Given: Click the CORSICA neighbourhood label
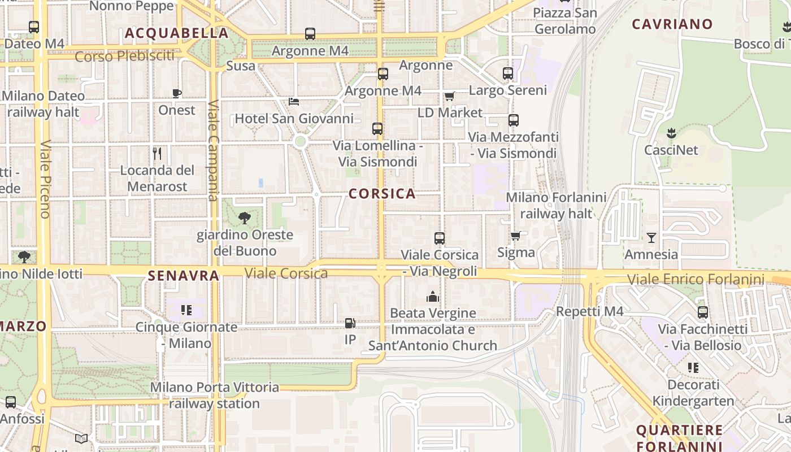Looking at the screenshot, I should tap(382, 194).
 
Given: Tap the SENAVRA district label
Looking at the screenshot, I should tap(183, 276).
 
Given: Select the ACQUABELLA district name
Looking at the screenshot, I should tap(176, 33).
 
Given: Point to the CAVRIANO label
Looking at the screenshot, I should tap(672, 24).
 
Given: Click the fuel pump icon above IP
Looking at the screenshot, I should tap(350, 323).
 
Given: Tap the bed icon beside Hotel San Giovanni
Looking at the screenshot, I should tap(294, 102).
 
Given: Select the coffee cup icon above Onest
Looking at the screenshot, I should tap(177, 93).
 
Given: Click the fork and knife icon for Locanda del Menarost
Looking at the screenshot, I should tap(158, 153).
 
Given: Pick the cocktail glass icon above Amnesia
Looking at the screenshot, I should tap(651, 237).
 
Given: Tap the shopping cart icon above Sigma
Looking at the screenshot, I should tap(515, 236).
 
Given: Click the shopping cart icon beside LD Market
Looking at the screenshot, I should tap(449, 96).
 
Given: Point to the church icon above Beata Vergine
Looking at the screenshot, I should tap(433, 297).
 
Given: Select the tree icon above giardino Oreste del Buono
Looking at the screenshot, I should tap(245, 218).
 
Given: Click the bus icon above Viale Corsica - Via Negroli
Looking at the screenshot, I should tap(440, 238).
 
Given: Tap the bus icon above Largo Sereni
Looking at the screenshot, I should tap(508, 73).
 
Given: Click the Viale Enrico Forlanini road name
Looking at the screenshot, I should tap(696, 279).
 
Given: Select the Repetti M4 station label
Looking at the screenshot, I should tap(590, 311).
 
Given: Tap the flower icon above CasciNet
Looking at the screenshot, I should tap(671, 133).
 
